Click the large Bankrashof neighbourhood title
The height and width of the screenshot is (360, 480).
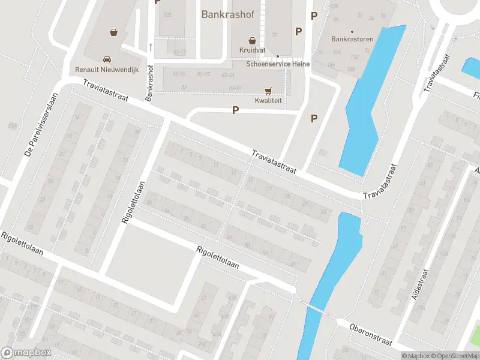coord(229,14)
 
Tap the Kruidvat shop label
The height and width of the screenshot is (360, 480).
coord(251,50)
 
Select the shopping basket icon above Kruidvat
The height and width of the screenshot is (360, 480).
coord(253,40)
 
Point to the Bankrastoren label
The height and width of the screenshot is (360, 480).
coord(352,40)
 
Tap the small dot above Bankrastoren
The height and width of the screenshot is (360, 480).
coord(352,31)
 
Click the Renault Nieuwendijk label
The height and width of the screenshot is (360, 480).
coord(106,70)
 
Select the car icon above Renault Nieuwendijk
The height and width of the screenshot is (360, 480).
coord(107,59)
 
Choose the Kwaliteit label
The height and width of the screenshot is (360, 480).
coord(268,101)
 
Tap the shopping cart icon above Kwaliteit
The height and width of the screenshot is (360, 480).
coord(268,91)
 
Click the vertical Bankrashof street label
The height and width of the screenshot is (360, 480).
coord(149,82)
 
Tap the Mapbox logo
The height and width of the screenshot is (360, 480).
coord(26,353)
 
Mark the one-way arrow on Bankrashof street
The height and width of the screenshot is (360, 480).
coord(151,47)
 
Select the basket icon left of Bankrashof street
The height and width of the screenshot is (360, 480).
coord(113,32)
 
